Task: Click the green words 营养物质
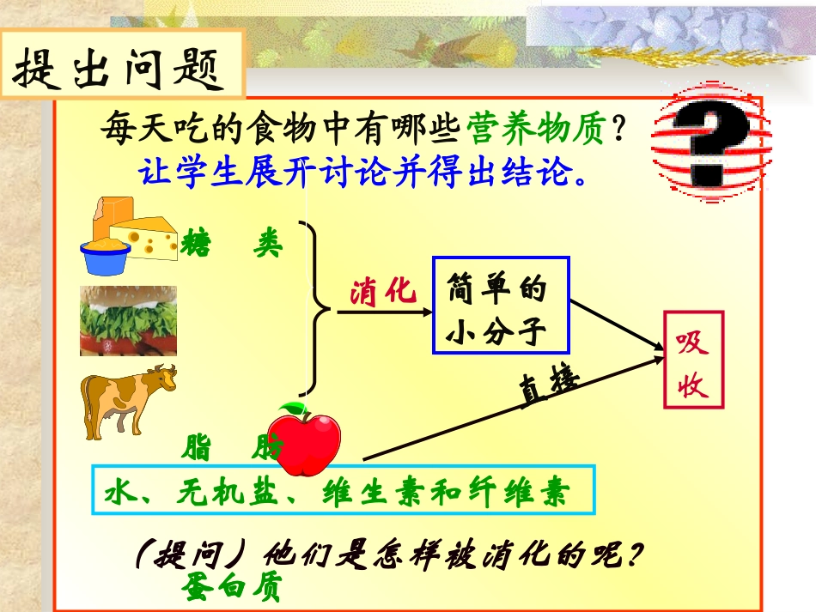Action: tap(536, 130)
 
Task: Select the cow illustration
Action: tap(128, 400)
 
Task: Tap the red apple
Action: tap(304, 442)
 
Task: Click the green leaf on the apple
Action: tap(294, 409)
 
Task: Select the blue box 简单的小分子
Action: tap(501, 305)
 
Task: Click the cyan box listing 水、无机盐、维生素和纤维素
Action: tap(343, 489)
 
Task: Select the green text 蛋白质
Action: tap(231, 587)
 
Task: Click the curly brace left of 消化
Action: tap(317, 307)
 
